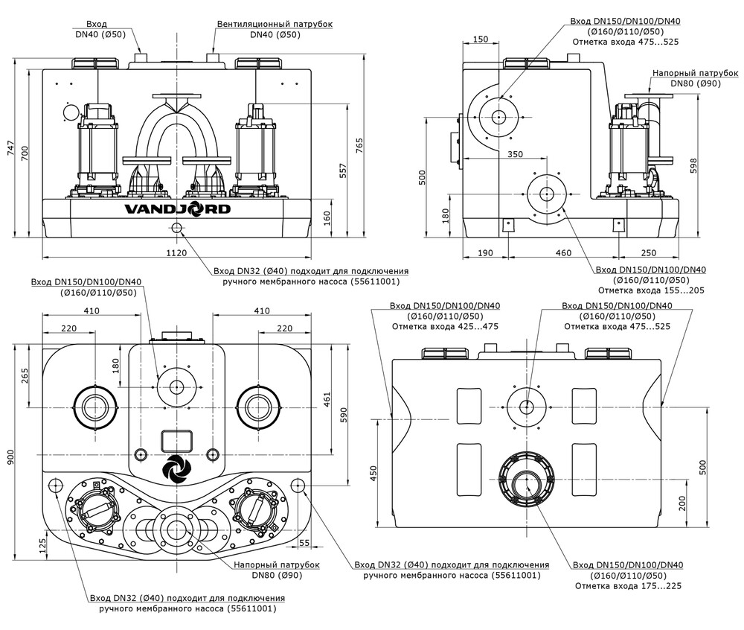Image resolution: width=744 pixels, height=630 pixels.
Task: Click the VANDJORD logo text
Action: click(x=178, y=209)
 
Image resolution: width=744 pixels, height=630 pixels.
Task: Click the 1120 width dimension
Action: click(x=176, y=253)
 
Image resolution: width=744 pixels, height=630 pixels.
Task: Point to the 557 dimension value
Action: click(x=344, y=171)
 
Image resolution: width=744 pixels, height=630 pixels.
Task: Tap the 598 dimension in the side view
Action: click(x=693, y=165)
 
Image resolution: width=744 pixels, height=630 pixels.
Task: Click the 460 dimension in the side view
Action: click(x=563, y=253)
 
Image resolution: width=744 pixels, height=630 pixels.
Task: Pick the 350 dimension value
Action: click(x=515, y=154)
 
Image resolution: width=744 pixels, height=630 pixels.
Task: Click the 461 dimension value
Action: click(x=327, y=400)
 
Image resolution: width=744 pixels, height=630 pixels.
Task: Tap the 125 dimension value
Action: click(x=42, y=547)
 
